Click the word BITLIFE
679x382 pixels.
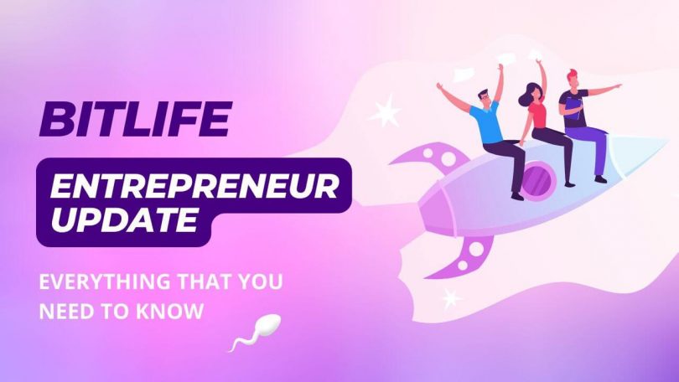[136, 119]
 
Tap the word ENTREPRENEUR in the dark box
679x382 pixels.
[194, 186]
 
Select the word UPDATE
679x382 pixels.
[125, 219]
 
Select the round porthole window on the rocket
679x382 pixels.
[538, 179]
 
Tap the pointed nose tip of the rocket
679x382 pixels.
[668, 140]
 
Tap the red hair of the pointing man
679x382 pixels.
[573, 75]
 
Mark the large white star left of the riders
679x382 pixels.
[385, 111]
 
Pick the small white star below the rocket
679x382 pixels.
[451, 298]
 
